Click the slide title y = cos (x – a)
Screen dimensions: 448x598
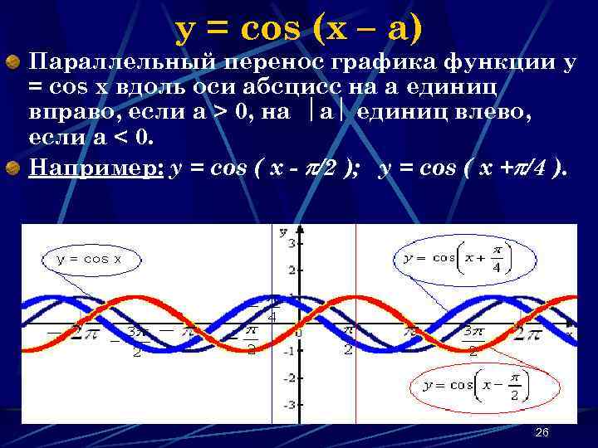[x=299, y=30]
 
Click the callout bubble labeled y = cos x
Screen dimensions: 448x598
[x=89, y=259]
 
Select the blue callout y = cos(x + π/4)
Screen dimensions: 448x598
[x=457, y=258]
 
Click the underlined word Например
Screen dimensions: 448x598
[x=95, y=170]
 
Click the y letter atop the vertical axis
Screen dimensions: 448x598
[x=283, y=230]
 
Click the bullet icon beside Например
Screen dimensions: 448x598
[x=13, y=170]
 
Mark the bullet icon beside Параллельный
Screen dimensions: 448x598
[x=13, y=61]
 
